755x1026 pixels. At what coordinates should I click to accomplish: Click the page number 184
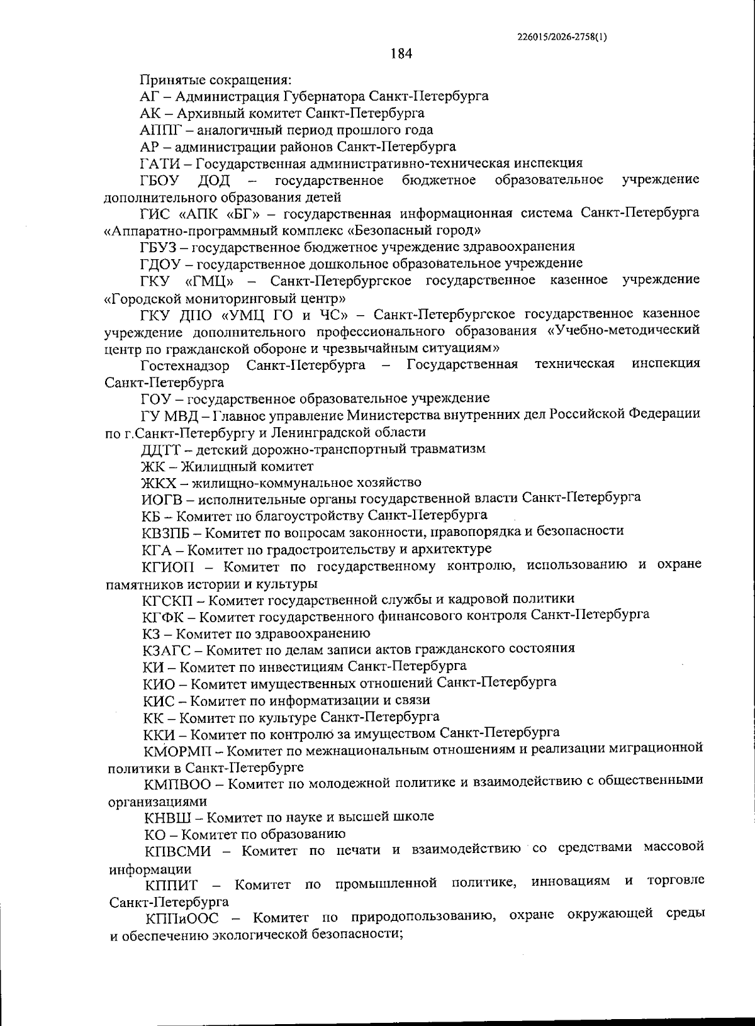tap(401, 54)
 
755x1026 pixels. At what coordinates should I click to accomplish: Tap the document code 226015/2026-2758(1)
tap(562, 36)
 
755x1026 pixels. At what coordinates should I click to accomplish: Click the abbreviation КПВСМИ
tap(176, 851)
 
